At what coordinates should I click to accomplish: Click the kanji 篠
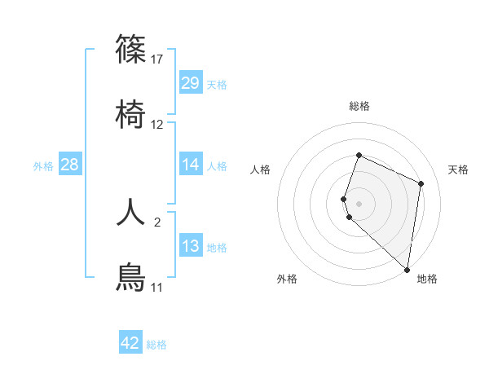(x=131, y=49)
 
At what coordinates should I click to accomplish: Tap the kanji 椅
(x=131, y=115)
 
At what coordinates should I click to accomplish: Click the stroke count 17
(x=158, y=59)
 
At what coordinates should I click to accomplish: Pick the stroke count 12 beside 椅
(x=158, y=125)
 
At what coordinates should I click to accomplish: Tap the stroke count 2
(x=158, y=222)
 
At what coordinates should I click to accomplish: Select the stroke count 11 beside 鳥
(x=157, y=288)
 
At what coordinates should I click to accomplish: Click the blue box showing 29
(x=191, y=83)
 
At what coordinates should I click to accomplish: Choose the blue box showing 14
(x=191, y=165)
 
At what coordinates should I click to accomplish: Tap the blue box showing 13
(x=191, y=246)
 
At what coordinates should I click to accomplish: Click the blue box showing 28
(x=70, y=165)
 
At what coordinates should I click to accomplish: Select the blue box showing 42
(x=130, y=343)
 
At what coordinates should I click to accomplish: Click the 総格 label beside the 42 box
(x=157, y=345)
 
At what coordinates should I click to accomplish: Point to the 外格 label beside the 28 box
(x=43, y=166)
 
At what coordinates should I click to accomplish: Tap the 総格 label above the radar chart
(x=359, y=106)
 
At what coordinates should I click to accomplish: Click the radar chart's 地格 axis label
(x=427, y=280)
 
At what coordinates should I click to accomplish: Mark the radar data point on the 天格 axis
(x=421, y=183)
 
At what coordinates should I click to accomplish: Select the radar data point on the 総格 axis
(x=359, y=155)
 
